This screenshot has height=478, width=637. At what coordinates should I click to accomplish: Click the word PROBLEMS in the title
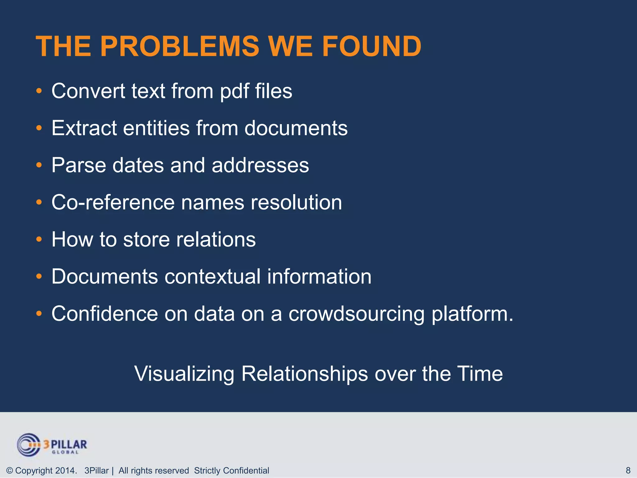[x=179, y=46]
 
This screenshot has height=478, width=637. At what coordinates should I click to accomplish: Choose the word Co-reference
[x=113, y=202]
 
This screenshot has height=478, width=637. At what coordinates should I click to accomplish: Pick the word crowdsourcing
[x=356, y=314]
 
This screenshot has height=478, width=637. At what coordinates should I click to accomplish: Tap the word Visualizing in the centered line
[x=184, y=374]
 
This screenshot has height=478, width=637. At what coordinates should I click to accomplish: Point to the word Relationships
[x=305, y=374]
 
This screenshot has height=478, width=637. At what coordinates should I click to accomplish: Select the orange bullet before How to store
[x=39, y=239]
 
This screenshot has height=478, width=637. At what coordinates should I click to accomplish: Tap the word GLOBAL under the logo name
[x=65, y=452]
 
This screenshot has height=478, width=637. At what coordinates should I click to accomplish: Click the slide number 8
[x=628, y=470]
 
